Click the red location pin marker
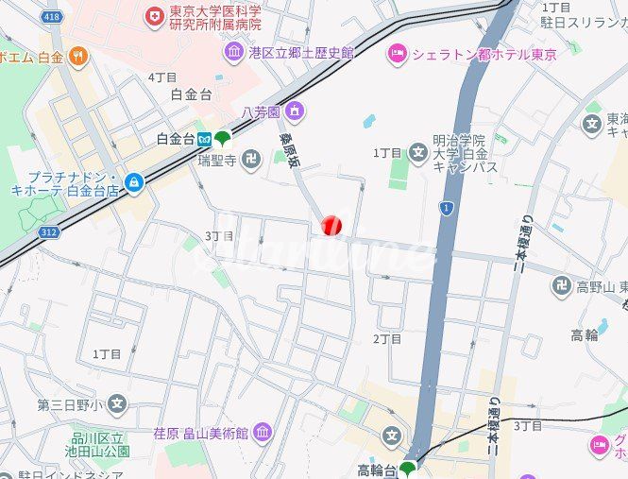coord(331,225)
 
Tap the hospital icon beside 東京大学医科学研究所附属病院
coord(154,16)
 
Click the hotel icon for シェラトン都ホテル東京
coord(397,54)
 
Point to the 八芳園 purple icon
coord(295,111)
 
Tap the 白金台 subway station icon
coord(203,139)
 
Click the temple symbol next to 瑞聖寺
coord(250,161)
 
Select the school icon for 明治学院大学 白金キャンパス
coord(418,152)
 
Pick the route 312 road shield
coord(49,231)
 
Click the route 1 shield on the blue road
coord(447,207)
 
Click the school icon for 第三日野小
coord(116,405)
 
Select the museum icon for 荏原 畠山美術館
coord(262,434)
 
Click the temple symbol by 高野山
coord(562,285)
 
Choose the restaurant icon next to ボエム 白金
coord(77,57)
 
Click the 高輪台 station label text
coord(377,470)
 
